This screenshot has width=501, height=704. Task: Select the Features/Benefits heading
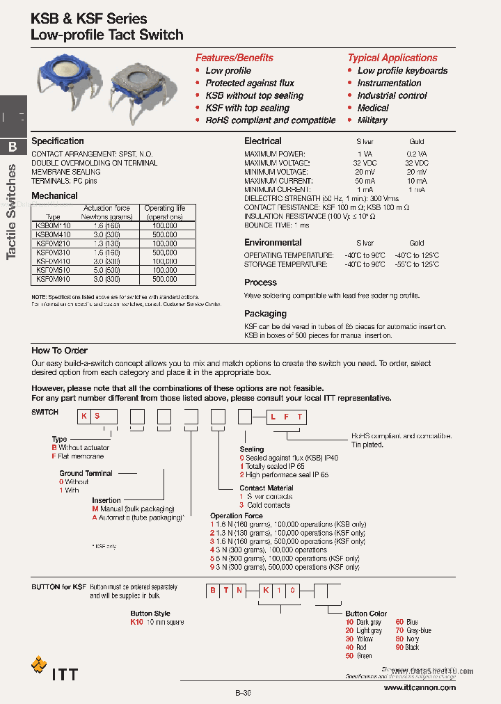point(234,58)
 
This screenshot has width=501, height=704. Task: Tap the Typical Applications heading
point(392,58)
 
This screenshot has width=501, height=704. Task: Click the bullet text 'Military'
point(372,120)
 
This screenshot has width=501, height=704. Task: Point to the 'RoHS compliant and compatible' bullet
point(270,120)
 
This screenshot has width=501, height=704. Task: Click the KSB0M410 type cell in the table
point(52,234)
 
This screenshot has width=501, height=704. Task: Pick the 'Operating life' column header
point(165,208)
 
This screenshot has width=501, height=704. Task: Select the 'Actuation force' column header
point(106,208)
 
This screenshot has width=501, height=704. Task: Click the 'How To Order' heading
point(59,351)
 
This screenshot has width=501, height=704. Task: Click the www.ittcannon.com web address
point(420,687)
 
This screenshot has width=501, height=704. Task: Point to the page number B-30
point(243,694)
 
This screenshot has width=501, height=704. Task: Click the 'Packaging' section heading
point(265,314)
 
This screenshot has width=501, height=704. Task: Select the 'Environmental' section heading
point(273,243)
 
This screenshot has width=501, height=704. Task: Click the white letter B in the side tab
point(13,147)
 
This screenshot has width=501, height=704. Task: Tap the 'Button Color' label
point(366,614)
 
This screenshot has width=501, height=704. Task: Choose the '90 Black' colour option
point(408,648)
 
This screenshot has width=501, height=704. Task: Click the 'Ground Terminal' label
point(86,473)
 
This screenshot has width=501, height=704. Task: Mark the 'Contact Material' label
point(267,488)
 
